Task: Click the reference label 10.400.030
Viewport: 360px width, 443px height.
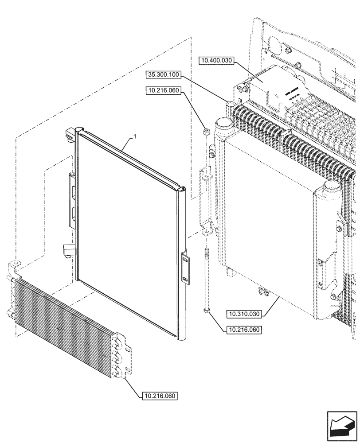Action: click(216, 61)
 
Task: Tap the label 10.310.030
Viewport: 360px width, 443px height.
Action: click(244, 314)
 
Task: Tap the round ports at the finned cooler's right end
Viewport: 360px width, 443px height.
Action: click(119, 358)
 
